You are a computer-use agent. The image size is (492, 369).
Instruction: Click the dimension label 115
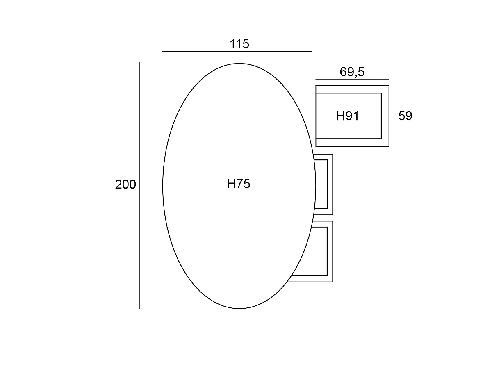click(239, 44)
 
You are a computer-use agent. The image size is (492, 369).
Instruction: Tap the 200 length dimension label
click(125, 184)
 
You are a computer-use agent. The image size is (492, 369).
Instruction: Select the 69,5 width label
click(352, 72)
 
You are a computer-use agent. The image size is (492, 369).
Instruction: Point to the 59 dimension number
click(405, 116)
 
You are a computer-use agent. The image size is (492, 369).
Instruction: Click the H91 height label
click(347, 116)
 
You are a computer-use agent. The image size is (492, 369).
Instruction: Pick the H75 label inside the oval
click(239, 184)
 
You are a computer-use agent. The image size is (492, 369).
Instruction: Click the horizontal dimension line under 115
click(237, 52)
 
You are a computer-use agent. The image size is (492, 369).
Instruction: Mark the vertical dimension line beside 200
click(139, 185)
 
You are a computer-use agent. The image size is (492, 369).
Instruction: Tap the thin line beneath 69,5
click(352, 79)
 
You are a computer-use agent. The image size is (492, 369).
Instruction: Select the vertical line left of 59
click(395, 116)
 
